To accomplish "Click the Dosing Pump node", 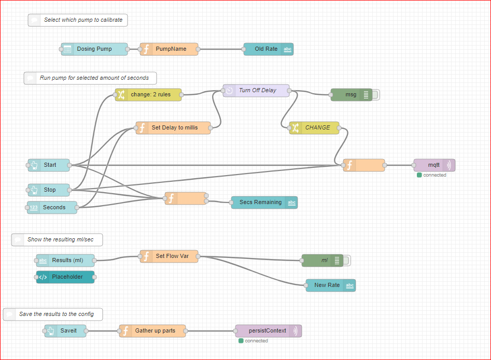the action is coord(94,49).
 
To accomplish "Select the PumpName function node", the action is coord(169,49).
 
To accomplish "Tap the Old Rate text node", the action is coord(269,49).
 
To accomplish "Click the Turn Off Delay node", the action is coord(256,91).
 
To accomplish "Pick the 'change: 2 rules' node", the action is coord(148,94).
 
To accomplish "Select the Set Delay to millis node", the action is coord(173,127).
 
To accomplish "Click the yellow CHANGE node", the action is coord(314,127).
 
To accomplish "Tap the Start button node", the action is coord(49,165).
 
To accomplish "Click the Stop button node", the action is coord(49,190).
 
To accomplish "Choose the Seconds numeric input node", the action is coord(52,207).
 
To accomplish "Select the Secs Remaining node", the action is coord(264,203).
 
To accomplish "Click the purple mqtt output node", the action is coord(434,165).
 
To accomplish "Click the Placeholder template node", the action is coord(65,277).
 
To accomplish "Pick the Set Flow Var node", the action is coord(169,256).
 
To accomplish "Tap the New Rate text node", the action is coord(331,285).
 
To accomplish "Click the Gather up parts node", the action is coord(152,331).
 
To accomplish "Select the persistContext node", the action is coord(269,331).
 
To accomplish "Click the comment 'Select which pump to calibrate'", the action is coord(78,20).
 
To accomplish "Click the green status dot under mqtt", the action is coord(419,175).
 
